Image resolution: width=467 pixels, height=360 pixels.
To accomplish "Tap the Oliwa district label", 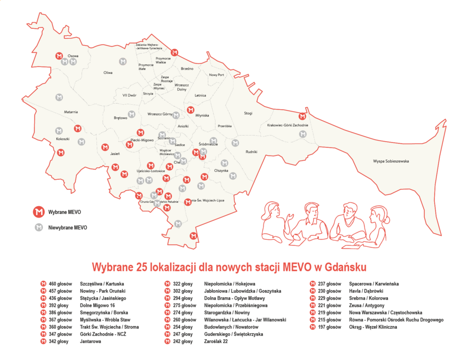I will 108,72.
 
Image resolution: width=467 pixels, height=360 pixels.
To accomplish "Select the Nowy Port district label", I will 217,75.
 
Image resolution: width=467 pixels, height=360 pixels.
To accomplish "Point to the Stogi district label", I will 248,113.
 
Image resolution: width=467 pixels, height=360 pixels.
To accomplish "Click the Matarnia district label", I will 71,112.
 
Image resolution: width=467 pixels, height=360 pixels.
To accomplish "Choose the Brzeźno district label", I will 187,69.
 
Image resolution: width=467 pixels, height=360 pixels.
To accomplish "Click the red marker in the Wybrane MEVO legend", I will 38,213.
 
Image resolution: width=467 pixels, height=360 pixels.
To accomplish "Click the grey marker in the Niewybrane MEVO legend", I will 38,228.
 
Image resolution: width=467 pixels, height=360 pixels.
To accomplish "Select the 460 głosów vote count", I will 60,284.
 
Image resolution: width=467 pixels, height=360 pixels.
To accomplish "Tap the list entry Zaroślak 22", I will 219,342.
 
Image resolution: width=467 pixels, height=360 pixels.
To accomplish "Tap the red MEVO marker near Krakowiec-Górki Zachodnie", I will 302,117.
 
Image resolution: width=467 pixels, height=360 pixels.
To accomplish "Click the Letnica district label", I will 200,95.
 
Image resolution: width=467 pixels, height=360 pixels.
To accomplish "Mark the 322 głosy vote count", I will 182,284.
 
